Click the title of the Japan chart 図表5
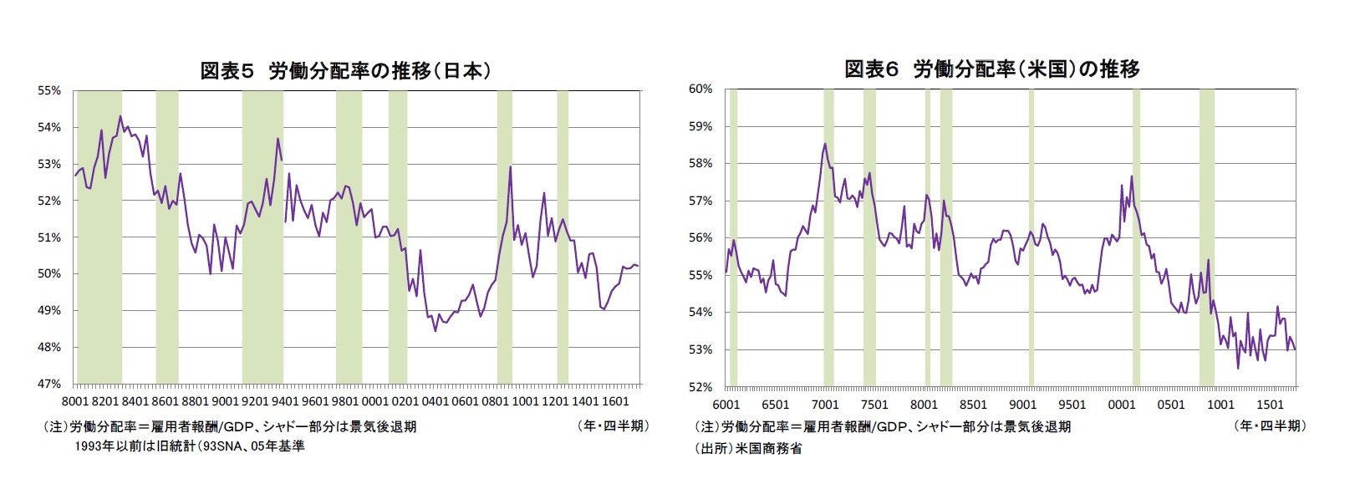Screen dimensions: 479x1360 (345, 71)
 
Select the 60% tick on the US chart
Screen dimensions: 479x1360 (700, 89)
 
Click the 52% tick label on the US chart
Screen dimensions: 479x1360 (700, 387)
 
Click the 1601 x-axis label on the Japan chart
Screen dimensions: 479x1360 (615, 402)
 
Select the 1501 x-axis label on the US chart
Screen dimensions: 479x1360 (1271, 405)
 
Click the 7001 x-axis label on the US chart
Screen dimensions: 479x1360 (825, 405)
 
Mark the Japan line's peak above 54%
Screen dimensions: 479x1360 (120, 116)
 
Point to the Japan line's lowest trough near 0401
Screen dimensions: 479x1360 (436, 330)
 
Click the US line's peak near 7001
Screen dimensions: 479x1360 (825, 144)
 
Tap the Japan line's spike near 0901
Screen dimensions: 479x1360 (510, 167)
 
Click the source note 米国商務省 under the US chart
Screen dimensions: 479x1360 (747, 448)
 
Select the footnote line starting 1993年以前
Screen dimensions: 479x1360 (189, 446)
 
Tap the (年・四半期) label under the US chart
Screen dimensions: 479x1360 (1268, 425)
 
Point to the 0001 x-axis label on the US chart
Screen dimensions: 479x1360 (1121, 405)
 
